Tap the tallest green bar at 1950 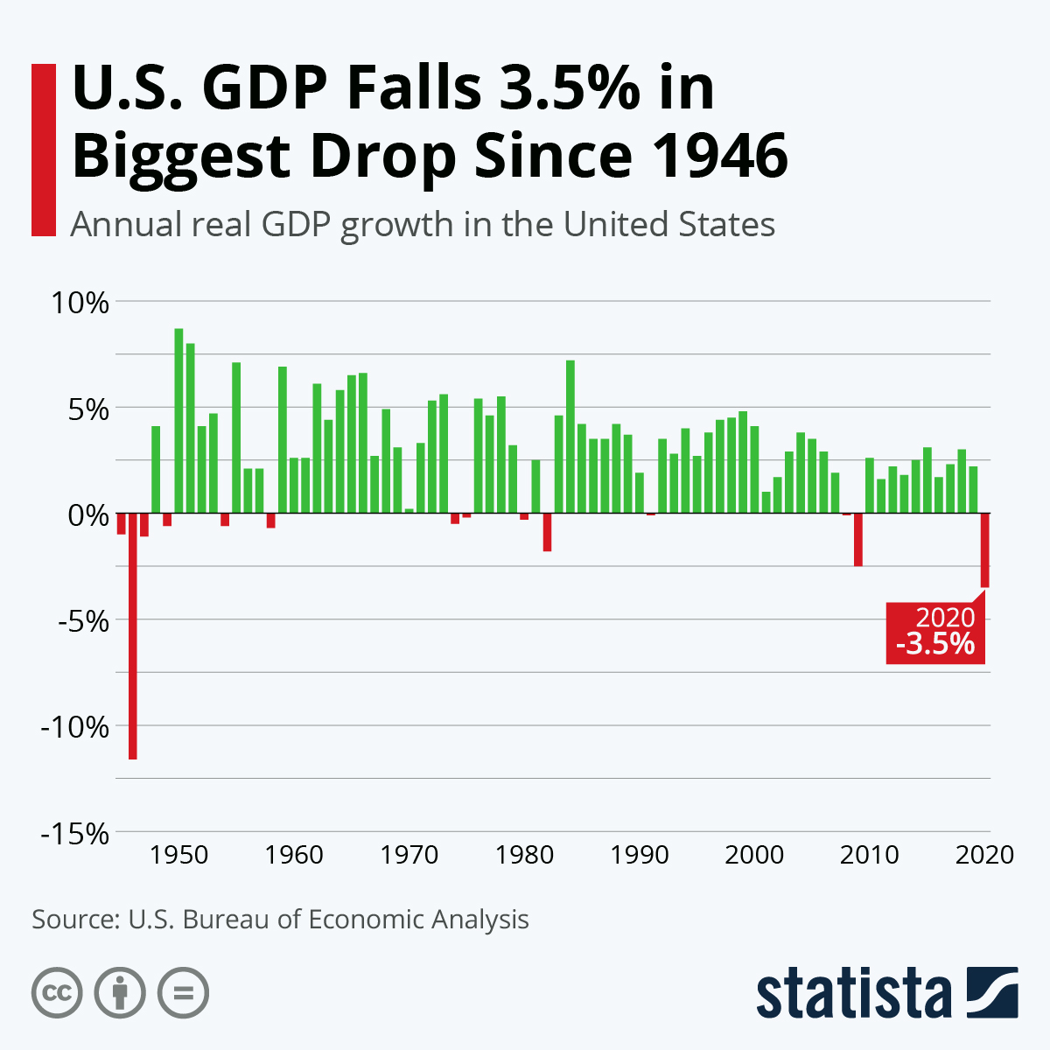click(178, 420)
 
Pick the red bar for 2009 click(858, 540)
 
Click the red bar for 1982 click(547, 532)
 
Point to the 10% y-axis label click(79, 304)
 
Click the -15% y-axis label click(75, 834)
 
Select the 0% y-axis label click(87, 515)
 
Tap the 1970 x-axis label click(409, 855)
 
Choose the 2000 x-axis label click(754, 855)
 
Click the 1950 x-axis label click(178, 855)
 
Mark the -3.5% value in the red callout click(934, 645)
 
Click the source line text click(280, 920)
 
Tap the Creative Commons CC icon click(57, 993)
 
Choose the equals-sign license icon click(183, 993)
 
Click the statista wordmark click(853, 993)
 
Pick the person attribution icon click(120, 993)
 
